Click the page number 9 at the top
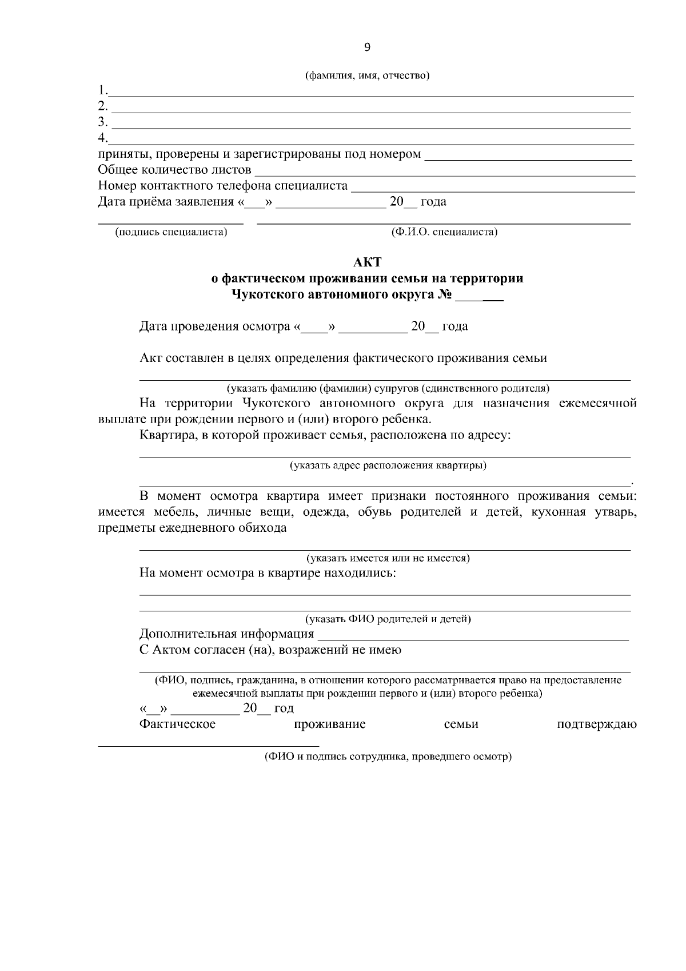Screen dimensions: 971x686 click(367, 47)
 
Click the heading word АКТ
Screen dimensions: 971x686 click(367, 262)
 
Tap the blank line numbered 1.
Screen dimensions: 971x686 click(372, 93)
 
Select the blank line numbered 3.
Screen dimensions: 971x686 click(372, 125)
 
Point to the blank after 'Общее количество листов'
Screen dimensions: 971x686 click(445, 173)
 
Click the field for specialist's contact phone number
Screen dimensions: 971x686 click(493, 189)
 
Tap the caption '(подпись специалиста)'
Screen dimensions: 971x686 click(171, 232)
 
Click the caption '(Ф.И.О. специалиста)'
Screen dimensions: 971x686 click(444, 232)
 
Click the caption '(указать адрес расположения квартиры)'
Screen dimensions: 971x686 click(388, 465)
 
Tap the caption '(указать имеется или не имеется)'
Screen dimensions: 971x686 click(388, 558)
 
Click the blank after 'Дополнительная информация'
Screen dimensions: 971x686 click(473, 636)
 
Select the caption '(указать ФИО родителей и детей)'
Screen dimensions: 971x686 click(388, 619)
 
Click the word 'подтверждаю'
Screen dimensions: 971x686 click(597, 725)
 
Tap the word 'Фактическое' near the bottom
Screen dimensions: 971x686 click(178, 725)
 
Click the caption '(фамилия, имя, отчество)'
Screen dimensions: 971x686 click(367, 75)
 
